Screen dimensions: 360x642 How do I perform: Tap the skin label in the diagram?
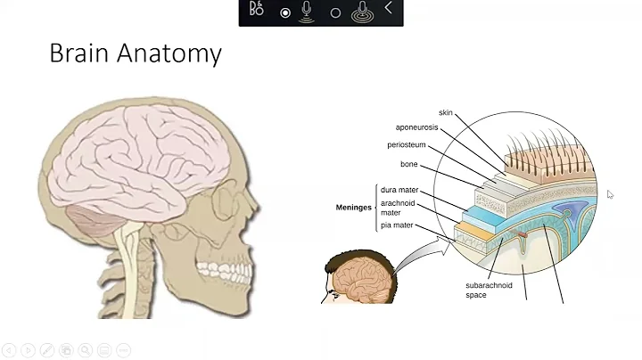446,113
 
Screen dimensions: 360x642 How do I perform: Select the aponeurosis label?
417,128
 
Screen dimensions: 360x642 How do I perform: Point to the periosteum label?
406,145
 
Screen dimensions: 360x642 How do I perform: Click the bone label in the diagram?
408,164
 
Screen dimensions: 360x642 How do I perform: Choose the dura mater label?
399,190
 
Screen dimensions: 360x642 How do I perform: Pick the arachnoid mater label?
398,208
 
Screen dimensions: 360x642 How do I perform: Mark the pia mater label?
397,226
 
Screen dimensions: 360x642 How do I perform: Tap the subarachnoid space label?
489,290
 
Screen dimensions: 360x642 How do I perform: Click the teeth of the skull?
218,269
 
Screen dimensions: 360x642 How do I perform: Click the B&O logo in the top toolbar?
257,10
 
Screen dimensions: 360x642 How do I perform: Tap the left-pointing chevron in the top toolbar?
388,9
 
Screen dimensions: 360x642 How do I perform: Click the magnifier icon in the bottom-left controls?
86,350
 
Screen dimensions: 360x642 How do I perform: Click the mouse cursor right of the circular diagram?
610,194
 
